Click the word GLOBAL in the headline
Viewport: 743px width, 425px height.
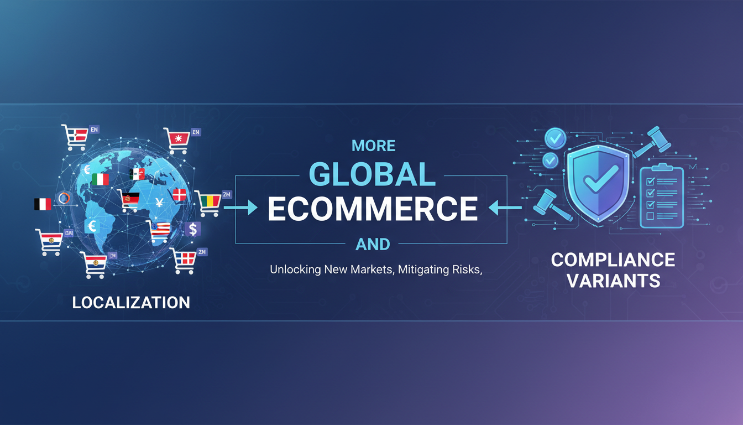click(371, 174)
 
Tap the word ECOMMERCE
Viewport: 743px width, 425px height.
click(373, 209)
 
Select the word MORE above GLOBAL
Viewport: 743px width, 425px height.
click(373, 146)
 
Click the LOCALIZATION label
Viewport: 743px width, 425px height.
click(131, 303)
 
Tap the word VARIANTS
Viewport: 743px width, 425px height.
click(613, 281)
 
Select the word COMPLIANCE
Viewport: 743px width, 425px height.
click(613, 260)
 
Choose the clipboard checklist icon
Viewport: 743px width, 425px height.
click(661, 196)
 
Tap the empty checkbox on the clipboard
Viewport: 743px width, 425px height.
click(650, 216)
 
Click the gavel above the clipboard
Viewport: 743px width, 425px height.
click(652, 141)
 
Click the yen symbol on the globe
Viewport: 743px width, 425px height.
click(159, 203)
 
